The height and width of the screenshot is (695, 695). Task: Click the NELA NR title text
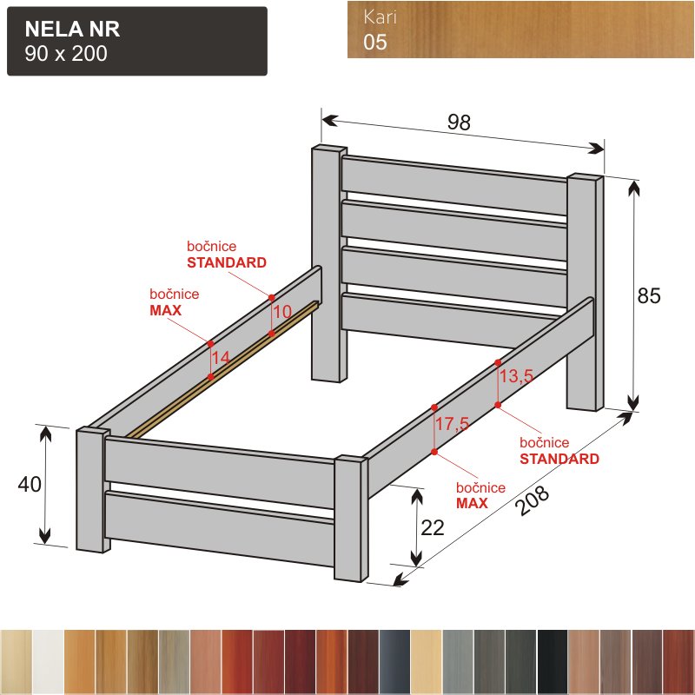point(72,30)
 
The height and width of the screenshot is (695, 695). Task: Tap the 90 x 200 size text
point(66,54)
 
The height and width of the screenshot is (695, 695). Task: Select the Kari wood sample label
point(380,17)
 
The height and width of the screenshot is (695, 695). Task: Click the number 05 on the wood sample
point(375,42)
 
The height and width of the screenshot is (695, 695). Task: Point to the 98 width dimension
point(459,122)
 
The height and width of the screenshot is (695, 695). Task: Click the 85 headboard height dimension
point(649,295)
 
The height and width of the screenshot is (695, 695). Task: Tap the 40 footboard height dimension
point(30,485)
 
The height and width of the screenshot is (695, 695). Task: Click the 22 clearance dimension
point(433,528)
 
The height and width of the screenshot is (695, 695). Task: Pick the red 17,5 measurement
point(452,424)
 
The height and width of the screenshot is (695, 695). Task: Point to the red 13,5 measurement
point(516,376)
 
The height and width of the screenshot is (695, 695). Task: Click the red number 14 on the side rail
point(221,358)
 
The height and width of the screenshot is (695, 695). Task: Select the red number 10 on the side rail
point(282,312)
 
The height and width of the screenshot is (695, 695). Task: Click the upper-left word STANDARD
point(227,262)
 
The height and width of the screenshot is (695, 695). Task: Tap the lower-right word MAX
point(472,503)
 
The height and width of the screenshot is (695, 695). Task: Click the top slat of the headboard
point(454,185)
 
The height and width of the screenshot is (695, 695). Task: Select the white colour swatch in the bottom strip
point(48,662)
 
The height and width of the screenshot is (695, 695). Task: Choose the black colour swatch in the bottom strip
point(553,662)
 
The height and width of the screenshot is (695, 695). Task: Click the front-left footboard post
point(92,490)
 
